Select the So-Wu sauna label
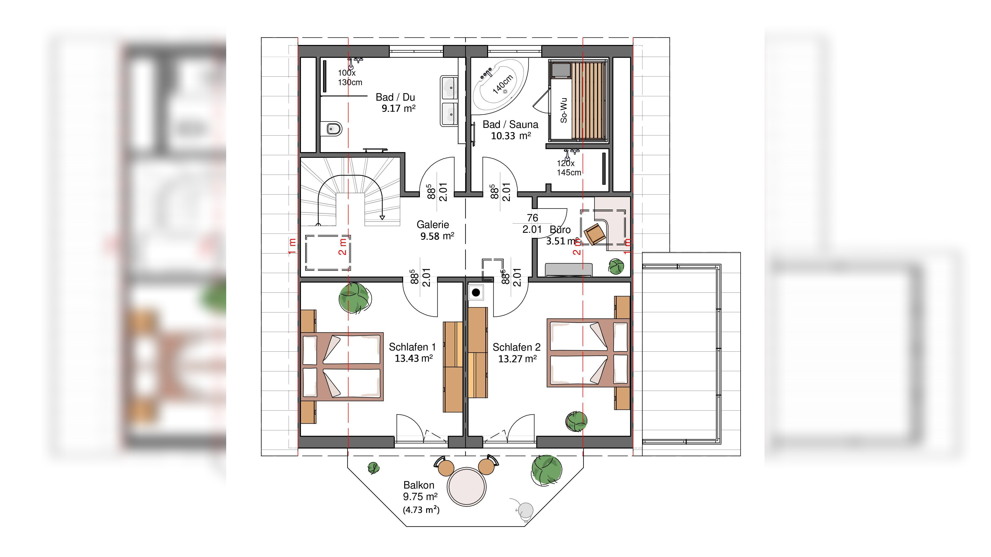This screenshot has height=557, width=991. (x=564, y=110)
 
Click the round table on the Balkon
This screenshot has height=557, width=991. (x=467, y=487)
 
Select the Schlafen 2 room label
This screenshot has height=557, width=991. (x=516, y=347)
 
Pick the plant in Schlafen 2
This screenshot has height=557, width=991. (x=577, y=422)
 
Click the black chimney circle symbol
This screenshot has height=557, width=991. (x=476, y=292)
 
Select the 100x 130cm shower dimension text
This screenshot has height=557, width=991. (x=350, y=77)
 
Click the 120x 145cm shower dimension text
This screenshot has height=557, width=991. (x=569, y=168)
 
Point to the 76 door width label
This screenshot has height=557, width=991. (x=532, y=218)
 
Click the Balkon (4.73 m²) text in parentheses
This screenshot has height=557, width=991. (x=421, y=510)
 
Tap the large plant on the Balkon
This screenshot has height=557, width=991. (x=547, y=470)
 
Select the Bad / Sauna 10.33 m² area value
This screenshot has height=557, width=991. (x=511, y=136)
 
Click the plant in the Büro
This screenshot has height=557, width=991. (x=616, y=266)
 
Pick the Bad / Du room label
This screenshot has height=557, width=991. (x=395, y=97)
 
